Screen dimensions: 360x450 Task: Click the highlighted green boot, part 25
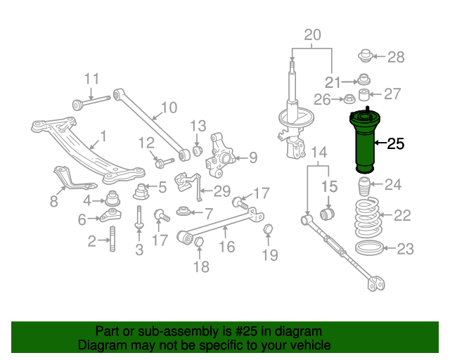point(365,144)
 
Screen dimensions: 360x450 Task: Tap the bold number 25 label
point(396,144)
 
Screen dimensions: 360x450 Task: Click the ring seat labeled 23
point(366,247)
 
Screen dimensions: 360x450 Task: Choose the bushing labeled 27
point(365,95)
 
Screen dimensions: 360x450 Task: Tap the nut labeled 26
point(348,99)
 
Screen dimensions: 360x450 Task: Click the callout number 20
point(312,34)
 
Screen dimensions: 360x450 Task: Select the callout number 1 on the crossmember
point(103,136)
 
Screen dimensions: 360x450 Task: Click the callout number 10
point(169,108)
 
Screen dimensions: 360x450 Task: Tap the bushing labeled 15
point(328,212)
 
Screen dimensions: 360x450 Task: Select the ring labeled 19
point(268,230)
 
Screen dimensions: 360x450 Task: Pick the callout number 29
point(222,191)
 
